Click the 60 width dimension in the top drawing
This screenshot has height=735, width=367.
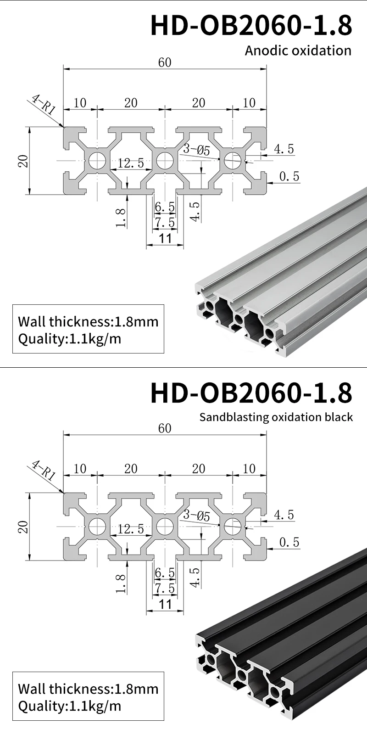pos(164,62)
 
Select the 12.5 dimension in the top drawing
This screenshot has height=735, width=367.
pos(131,163)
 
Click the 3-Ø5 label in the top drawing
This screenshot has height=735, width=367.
pos(196,150)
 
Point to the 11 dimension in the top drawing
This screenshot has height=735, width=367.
pos(165,238)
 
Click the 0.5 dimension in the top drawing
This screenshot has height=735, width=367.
pos(289,176)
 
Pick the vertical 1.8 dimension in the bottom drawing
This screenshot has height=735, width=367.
pos(121,583)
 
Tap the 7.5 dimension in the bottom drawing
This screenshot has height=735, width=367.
pos(165,588)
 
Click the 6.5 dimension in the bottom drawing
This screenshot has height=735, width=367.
pos(165,573)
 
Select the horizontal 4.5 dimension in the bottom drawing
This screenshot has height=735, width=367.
pos(284,515)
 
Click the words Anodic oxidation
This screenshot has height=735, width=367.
pos(298,50)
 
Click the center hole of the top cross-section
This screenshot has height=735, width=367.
pos(165,161)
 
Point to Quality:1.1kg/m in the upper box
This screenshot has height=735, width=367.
pos(70,339)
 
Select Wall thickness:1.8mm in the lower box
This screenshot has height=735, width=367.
pos(88,689)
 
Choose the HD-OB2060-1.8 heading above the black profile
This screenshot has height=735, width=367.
pos(251,393)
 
